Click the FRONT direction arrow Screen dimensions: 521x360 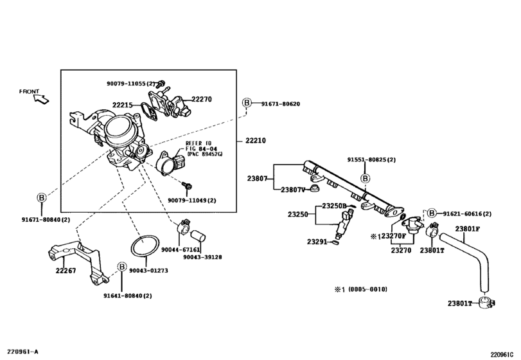click(42, 99)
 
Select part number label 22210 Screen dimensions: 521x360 click(256, 141)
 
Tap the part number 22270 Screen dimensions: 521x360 click(202, 99)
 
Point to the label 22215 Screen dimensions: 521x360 click(122, 105)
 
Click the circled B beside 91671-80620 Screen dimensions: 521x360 click(247, 103)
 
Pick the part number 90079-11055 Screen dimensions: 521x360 click(127, 84)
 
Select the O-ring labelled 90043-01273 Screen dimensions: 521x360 click(145, 246)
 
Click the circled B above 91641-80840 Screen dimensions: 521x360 click(122, 267)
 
